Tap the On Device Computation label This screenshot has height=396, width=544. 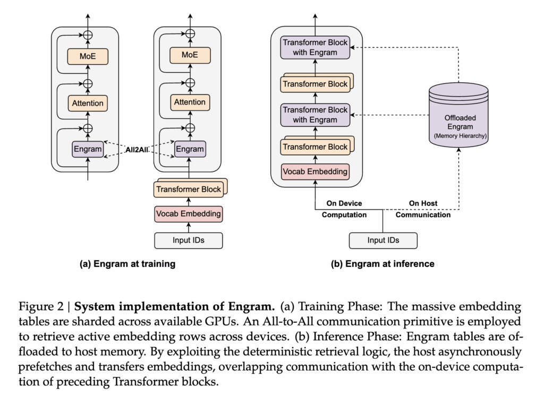point(344,209)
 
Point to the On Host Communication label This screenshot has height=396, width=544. point(423,209)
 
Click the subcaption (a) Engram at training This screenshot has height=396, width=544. point(127,264)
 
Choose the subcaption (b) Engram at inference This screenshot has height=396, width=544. point(382,264)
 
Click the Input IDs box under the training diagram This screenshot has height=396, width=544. point(189,240)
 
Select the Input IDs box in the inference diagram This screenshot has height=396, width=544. point(383,240)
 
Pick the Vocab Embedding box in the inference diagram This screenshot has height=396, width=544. point(316,171)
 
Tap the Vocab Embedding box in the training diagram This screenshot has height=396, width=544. point(189,214)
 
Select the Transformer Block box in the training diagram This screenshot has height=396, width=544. point(188,189)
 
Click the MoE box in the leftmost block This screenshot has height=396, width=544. point(88,56)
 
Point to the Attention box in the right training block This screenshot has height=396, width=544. point(190,102)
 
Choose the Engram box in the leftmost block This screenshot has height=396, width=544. point(88,149)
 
